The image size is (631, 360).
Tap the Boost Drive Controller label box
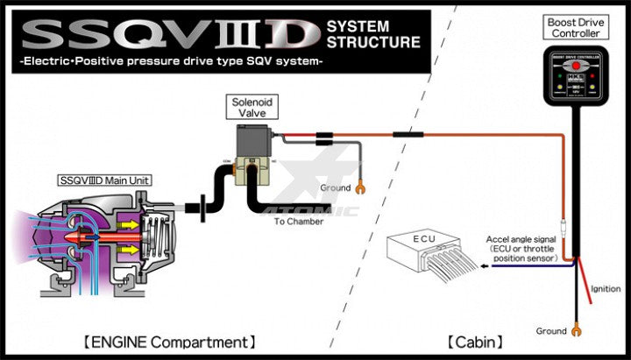(574, 27)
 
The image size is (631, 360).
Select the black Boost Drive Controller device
(575, 79)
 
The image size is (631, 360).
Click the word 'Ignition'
(606, 289)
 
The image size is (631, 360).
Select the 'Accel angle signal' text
(518, 238)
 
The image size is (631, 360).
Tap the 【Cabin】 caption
(476, 341)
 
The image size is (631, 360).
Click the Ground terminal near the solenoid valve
(360, 187)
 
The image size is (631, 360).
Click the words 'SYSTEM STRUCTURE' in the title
(372, 33)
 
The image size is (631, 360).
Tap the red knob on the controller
(575, 66)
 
